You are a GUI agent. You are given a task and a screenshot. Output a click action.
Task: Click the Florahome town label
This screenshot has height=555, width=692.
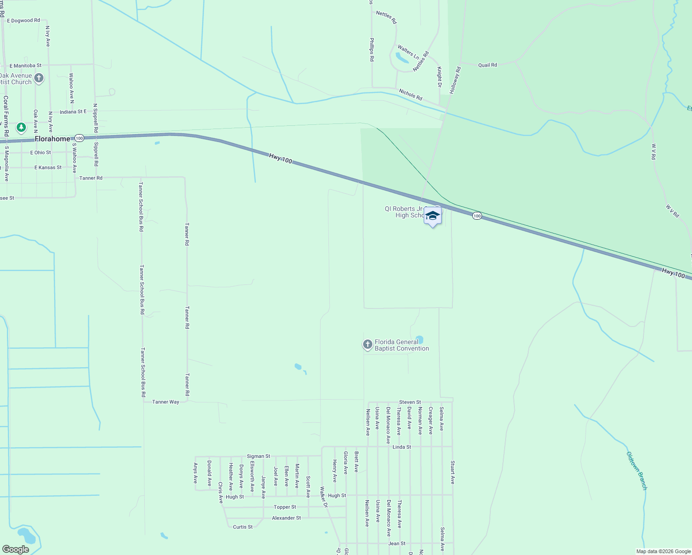(x=52, y=139)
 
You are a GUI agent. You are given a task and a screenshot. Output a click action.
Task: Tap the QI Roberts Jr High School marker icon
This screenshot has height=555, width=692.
(x=432, y=216)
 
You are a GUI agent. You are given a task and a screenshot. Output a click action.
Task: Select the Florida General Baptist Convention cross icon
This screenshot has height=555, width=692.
(x=368, y=345)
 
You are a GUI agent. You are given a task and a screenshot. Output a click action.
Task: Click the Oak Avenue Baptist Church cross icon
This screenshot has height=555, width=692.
(x=39, y=78)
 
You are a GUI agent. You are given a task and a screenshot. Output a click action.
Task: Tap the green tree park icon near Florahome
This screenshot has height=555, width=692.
(x=21, y=127)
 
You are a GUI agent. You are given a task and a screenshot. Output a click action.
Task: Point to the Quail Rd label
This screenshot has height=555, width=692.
(x=488, y=65)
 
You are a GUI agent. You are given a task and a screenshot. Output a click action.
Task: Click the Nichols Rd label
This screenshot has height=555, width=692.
(x=410, y=95)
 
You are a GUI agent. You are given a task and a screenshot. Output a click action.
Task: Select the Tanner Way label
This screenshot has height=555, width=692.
(x=166, y=402)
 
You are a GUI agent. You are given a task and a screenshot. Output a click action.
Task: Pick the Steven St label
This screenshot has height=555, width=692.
(x=410, y=402)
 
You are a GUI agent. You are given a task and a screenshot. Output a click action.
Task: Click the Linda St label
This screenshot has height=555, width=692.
(x=402, y=447)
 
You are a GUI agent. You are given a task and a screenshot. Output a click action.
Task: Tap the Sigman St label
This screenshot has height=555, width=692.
(x=258, y=456)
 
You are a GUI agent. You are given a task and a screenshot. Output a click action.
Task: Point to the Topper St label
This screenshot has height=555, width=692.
(x=284, y=507)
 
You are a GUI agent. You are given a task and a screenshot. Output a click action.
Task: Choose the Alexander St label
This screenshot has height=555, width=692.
(x=286, y=518)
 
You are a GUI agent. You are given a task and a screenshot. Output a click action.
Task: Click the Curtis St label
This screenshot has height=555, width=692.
(x=243, y=527)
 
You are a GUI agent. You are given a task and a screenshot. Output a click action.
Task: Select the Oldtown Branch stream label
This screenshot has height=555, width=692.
(x=636, y=470)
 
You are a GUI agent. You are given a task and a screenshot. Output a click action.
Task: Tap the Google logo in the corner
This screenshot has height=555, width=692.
(x=15, y=549)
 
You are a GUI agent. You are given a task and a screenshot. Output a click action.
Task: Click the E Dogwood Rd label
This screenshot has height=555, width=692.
(x=23, y=21)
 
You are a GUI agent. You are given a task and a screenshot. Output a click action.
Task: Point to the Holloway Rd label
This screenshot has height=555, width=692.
(x=455, y=80)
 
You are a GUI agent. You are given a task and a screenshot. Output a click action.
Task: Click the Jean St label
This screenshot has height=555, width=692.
(x=397, y=543)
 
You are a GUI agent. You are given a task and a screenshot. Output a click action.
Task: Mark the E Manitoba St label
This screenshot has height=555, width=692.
(x=25, y=66)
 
